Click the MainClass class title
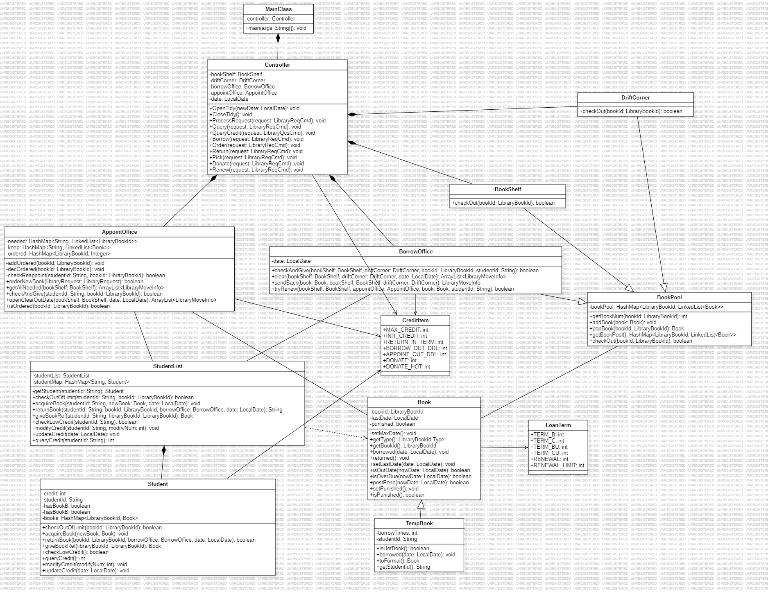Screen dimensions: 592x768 (x=279, y=9)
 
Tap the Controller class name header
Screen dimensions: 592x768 (x=277, y=65)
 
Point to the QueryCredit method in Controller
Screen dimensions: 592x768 (x=262, y=133)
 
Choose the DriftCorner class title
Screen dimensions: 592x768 (x=635, y=98)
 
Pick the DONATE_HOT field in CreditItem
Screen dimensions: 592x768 (x=406, y=367)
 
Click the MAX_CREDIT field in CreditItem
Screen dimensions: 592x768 (x=406, y=330)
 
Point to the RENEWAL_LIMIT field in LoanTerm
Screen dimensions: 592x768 (x=557, y=465)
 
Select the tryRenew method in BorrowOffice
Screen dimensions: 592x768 (x=392, y=289)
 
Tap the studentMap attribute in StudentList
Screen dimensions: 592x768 (x=81, y=382)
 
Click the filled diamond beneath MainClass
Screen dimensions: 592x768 (x=279, y=38)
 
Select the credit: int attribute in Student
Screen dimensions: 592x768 (x=54, y=494)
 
